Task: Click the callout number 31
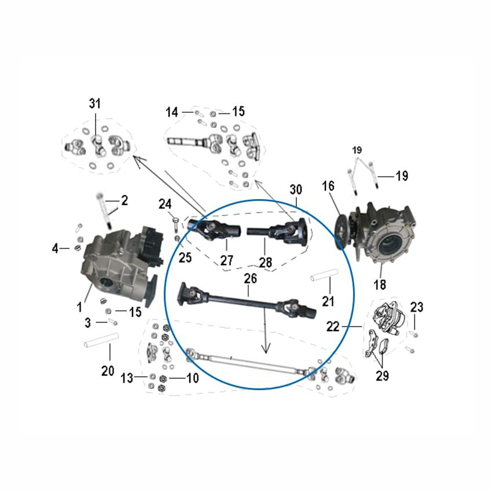point(95,103)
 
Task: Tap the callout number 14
point(172,112)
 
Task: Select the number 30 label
point(296,189)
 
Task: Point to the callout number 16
point(328,186)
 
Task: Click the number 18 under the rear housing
point(380,285)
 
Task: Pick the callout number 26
point(251,278)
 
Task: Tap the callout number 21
point(328,301)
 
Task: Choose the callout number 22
point(333,326)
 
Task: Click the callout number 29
point(382,375)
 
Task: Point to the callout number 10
point(192,378)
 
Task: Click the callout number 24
point(165,204)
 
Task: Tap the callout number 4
point(55,248)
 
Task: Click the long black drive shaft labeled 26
point(247,299)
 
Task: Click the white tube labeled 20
point(102,340)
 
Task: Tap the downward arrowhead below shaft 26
point(266,348)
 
